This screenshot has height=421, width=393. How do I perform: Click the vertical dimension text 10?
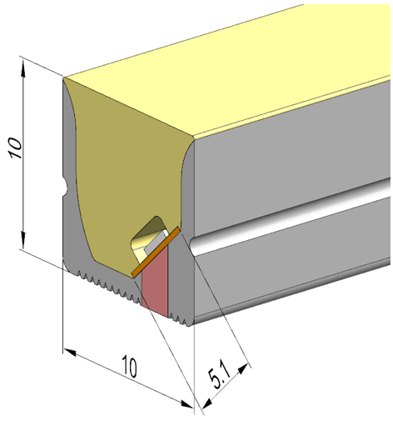pos(14,148)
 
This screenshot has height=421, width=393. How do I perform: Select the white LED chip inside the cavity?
pos(153,242)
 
